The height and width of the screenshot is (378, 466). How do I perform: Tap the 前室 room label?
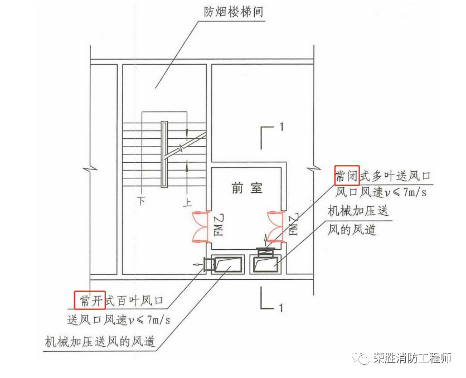(x=246, y=188)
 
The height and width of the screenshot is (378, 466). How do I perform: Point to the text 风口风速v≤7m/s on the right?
(x=381, y=192)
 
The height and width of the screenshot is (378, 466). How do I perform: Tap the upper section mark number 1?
(x=281, y=127)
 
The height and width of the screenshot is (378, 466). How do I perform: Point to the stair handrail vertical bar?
(x=164, y=153)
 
